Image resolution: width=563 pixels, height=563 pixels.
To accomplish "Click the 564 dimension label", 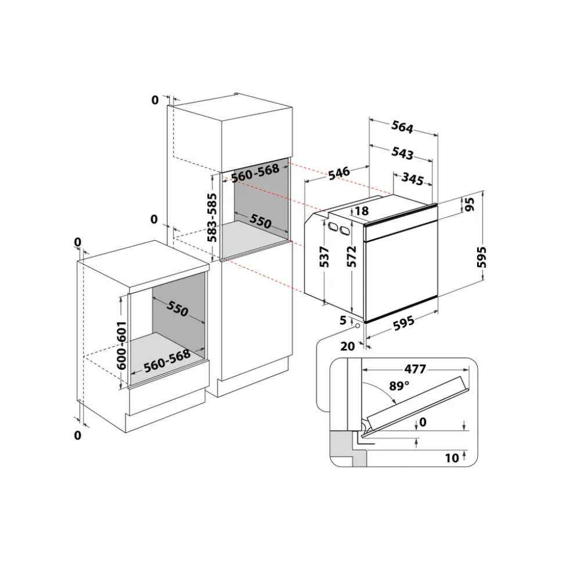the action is pos(402,126).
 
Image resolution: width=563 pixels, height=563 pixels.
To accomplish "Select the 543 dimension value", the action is pos(402,153).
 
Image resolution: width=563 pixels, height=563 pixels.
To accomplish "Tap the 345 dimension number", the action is pos(412,179).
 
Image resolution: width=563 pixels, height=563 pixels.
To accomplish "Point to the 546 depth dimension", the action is pos(339,173).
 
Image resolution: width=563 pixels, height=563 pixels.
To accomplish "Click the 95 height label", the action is pos(470,204).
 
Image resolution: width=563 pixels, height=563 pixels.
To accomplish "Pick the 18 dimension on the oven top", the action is pos(362,211).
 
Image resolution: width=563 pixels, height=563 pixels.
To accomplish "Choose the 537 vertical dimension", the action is pos(324,256).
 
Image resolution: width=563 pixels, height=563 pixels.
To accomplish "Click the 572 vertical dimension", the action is pos(351,256).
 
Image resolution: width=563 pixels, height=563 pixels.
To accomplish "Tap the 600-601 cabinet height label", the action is pos(122,346).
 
